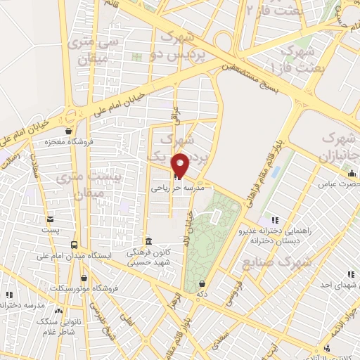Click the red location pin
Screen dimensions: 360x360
pyautogui.click(x=181, y=165)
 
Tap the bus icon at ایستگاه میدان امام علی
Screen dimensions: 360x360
pyautogui.click(x=74, y=245)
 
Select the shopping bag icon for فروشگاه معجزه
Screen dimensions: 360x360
pyautogui.click(x=67, y=131)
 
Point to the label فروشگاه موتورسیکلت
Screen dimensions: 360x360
pyautogui.click(x=78, y=289)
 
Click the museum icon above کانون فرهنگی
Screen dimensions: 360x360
pyautogui.click(x=148, y=240)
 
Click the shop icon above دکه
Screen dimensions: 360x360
pyautogui.click(x=202, y=283)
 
